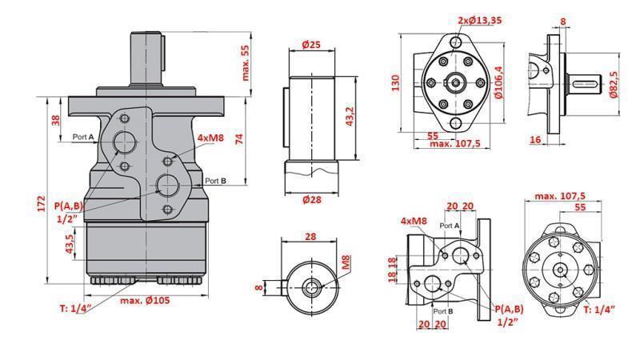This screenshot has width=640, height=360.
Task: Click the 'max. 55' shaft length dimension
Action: coord(246,62)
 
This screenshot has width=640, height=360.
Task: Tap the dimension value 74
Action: coord(239,138)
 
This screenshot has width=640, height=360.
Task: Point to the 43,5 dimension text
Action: coord(70,242)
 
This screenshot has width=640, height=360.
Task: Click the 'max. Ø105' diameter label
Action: coord(145,300)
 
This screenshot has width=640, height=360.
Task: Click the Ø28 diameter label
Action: coord(311,199)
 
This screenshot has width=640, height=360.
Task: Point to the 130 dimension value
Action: coord(396,83)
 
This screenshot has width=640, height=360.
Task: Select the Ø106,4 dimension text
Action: coord(498,82)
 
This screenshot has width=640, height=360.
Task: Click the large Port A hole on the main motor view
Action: coord(125,142)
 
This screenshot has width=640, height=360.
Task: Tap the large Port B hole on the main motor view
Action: coord(168,186)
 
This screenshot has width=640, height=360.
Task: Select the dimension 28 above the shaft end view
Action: coord(311,237)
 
